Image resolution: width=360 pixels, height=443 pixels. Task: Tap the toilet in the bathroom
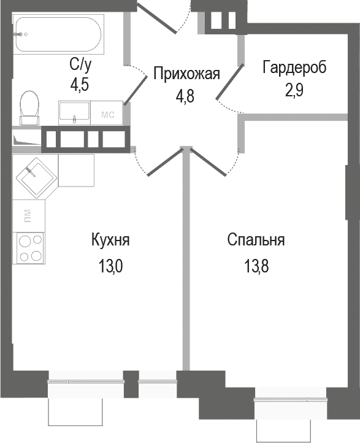pyautogui.click(x=28, y=105)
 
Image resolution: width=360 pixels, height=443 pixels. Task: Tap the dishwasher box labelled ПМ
pyautogui.click(x=28, y=215)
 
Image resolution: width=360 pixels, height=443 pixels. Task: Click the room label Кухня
pyautogui.click(x=110, y=240)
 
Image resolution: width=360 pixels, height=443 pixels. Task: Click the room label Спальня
pyautogui.click(x=255, y=240)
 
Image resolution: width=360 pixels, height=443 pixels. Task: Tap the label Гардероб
pyautogui.click(x=294, y=67)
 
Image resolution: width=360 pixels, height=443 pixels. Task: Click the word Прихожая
pyautogui.click(x=186, y=75)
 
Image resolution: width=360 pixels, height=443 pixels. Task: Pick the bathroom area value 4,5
pyautogui.click(x=80, y=84)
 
